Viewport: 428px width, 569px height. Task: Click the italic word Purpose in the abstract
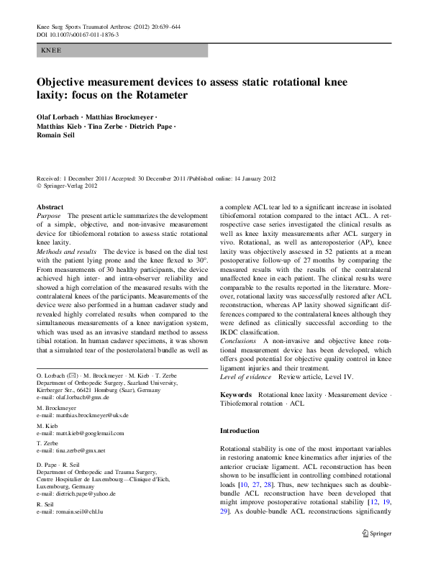(49, 216)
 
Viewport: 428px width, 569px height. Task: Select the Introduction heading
(240, 431)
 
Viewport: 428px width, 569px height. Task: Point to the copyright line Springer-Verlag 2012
(70, 185)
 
